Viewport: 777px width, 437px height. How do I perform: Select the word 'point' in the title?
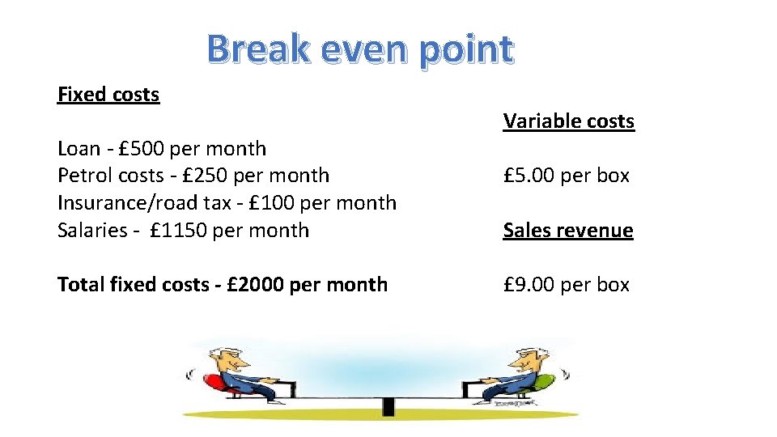click(465, 49)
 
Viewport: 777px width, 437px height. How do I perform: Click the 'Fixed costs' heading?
click(108, 95)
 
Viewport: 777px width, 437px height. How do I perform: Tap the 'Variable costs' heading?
click(568, 121)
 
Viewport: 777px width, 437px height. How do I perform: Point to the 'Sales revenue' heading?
click(568, 231)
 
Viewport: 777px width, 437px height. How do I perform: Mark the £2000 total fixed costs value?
click(255, 285)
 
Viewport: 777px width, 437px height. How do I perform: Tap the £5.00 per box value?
click(531, 176)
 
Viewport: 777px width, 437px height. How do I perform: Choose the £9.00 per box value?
click(531, 285)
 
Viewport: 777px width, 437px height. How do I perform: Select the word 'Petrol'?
click(85, 176)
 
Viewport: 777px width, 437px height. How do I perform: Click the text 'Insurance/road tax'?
click(146, 203)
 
